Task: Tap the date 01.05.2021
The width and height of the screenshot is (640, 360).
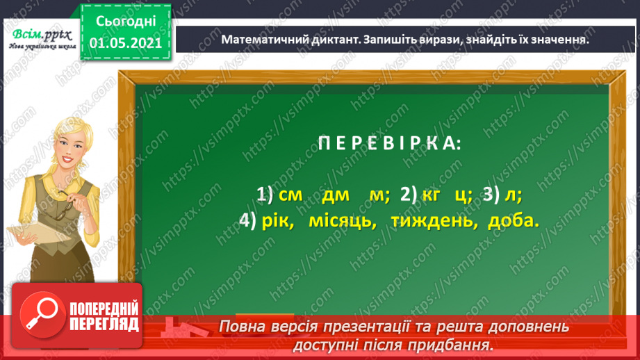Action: [x=125, y=44]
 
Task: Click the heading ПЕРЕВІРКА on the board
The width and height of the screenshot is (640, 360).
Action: [x=388, y=145]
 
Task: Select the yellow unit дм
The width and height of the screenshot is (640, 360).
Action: [x=336, y=195]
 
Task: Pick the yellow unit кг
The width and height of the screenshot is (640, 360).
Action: [x=432, y=195]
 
